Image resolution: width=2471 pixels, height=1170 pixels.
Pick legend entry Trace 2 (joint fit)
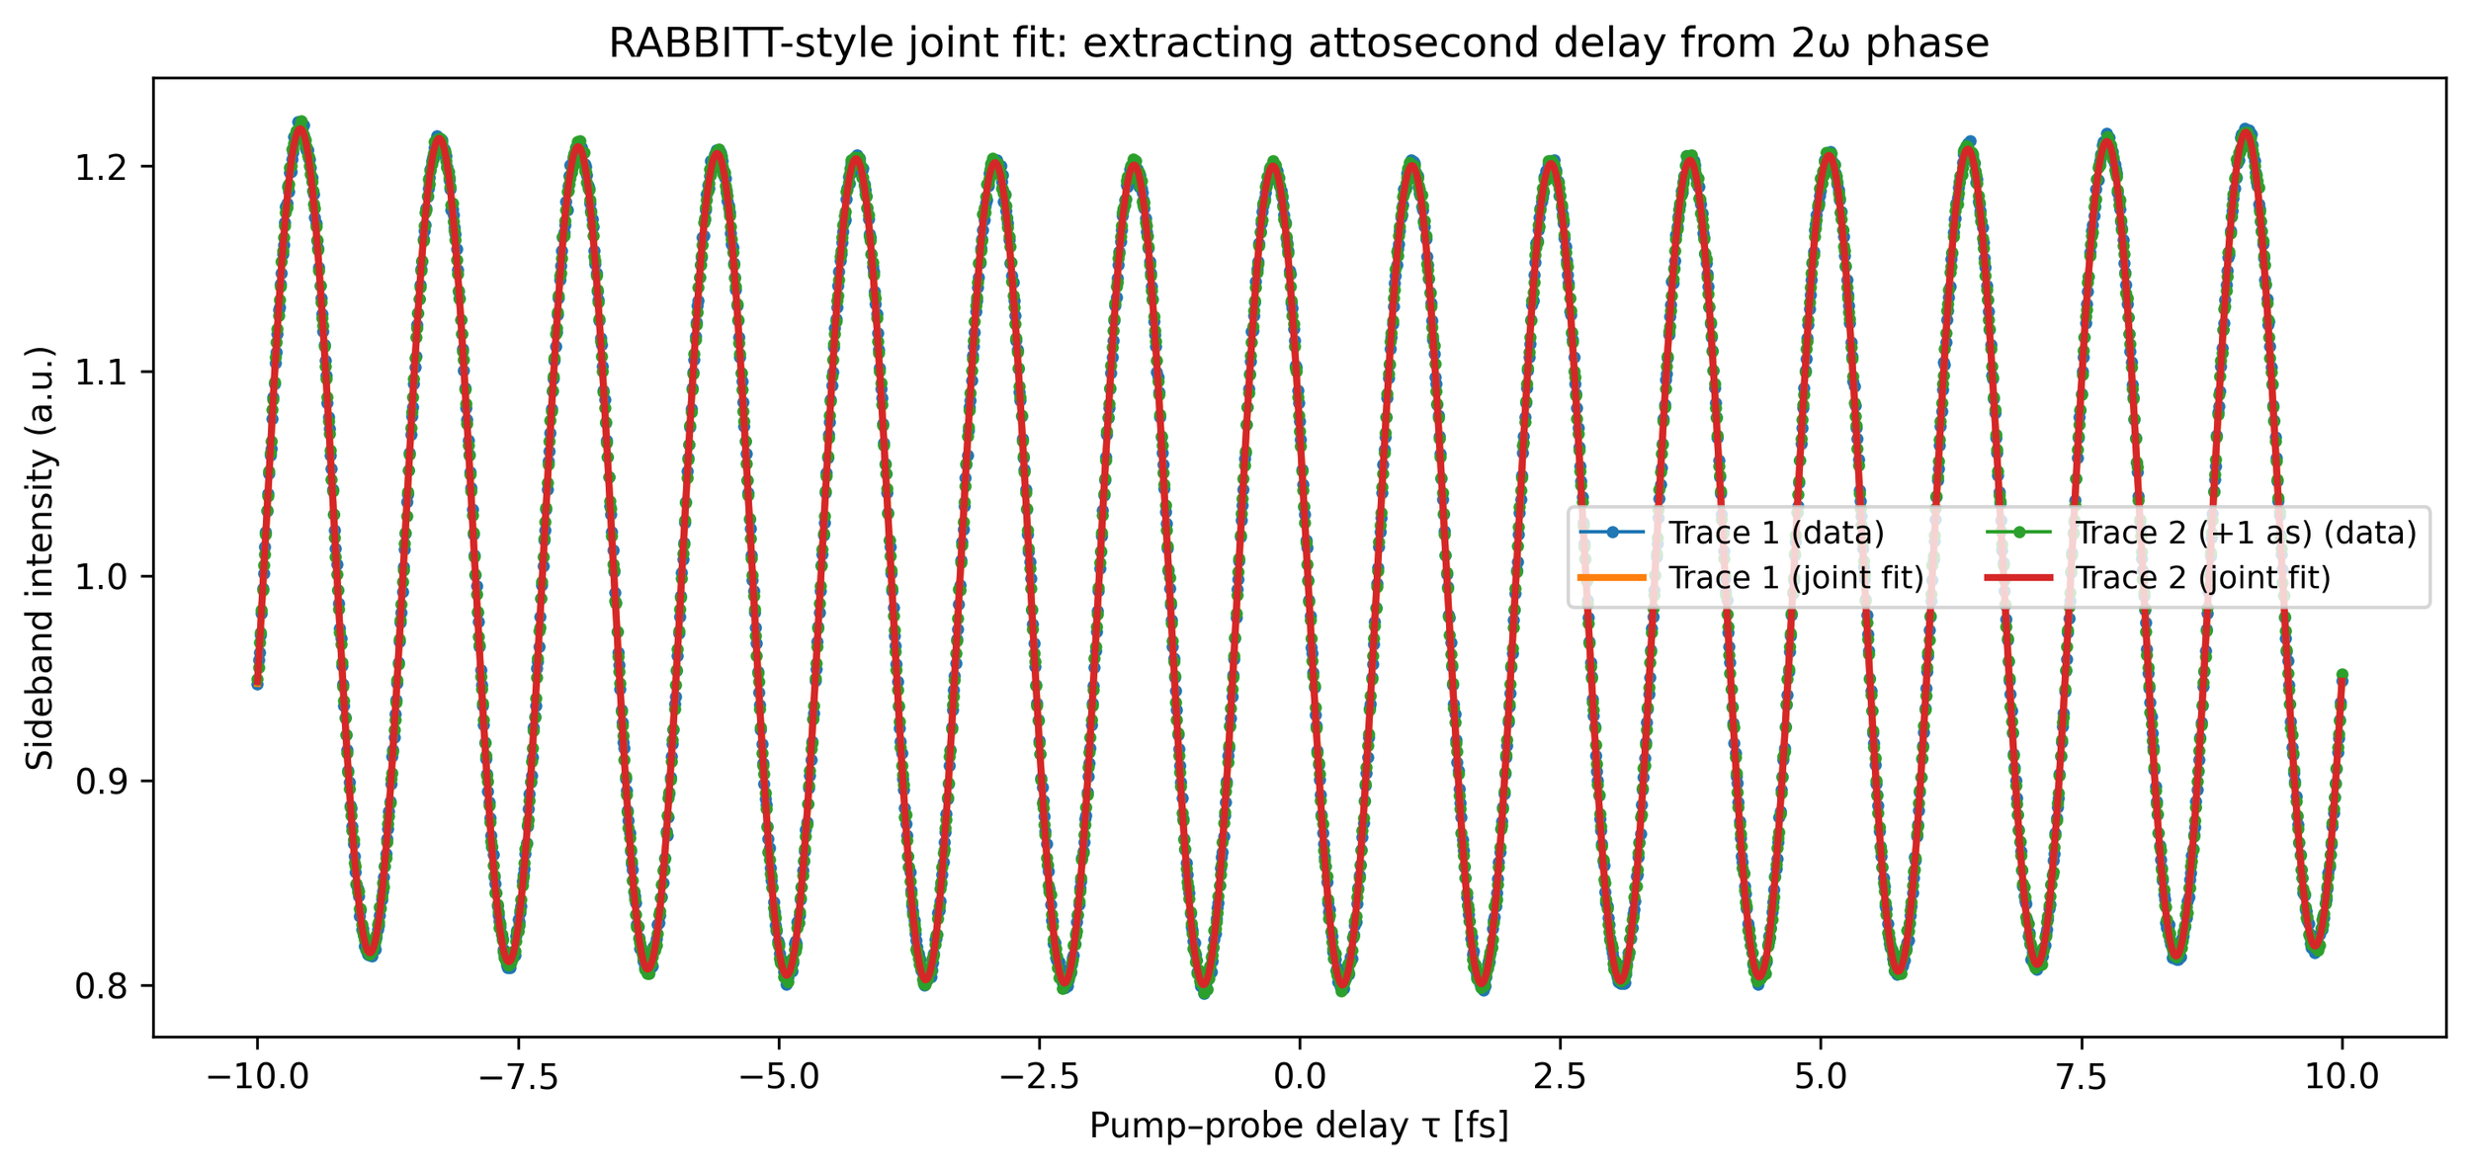(2202, 578)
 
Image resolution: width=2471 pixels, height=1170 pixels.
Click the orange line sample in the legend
(1612, 578)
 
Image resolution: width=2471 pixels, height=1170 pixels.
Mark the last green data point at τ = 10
(2342, 675)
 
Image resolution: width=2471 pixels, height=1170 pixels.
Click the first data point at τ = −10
(257, 684)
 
